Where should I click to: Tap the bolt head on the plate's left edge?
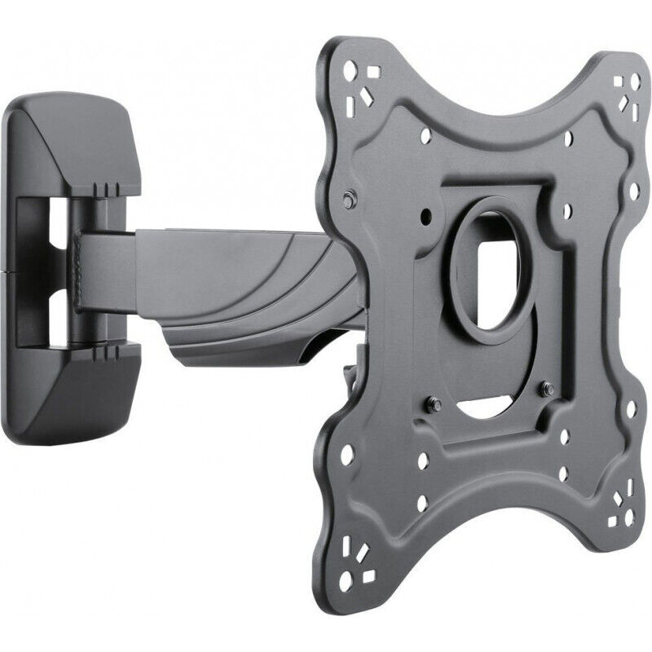(x=350, y=199)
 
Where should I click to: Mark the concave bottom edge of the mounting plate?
(x=489, y=522)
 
